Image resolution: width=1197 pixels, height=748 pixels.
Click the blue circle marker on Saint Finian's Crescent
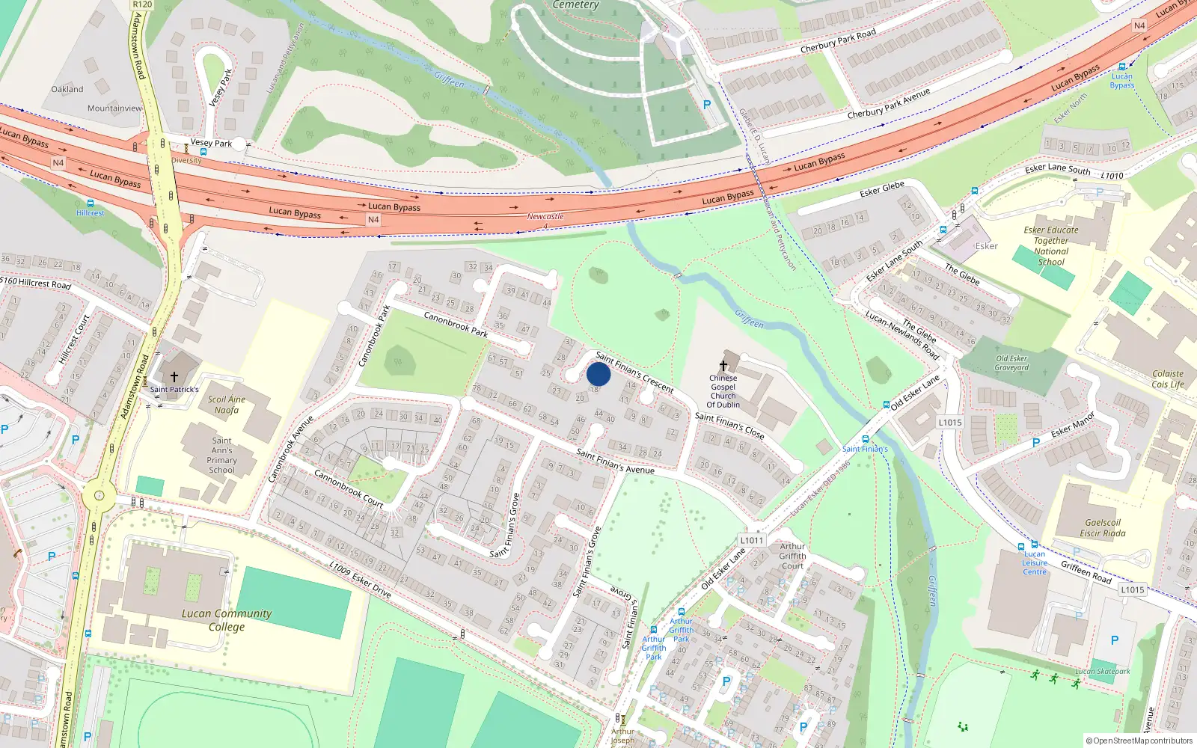pyautogui.click(x=598, y=374)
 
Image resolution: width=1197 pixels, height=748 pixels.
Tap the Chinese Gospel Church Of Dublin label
pyautogui.click(x=723, y=391)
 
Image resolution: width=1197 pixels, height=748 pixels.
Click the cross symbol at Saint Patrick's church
pyautogui.click(x=174, y=377)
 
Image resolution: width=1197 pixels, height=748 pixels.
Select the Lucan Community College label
pyautogui.click(x=227, y=619)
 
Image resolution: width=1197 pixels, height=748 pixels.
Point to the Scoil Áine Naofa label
pyautogui.click(x=227, y=405)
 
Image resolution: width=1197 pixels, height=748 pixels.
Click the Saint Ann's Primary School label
pyautogui.click(x=221, y=455)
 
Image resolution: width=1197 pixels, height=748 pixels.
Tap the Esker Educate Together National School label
pyautogui.click(x=1051, y=245)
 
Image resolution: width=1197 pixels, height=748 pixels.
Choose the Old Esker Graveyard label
pyautogui.click(x=1011, y=363)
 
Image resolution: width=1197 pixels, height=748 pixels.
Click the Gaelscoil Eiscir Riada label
pyautogui.click(x=1103, y=528)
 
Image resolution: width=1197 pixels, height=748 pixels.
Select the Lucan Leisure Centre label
pyautogui.click(x=1035, y=562)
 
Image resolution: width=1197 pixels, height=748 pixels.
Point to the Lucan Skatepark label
pyautogui.click(x=1103, y=671)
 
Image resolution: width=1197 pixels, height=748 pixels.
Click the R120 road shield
pyautogui.click(x=142, y=4)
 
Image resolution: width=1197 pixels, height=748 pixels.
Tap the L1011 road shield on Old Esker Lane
pyautogui.click(x=751, y=540)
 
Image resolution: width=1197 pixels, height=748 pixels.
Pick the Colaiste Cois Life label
pyautogui.click(x=1168, y=378)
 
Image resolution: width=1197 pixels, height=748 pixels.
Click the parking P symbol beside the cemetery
pyautogui.click(x=707, y=105)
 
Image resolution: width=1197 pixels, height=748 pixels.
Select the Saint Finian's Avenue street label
pyautogui.click(x=615, y=462)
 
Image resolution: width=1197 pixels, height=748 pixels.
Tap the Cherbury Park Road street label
pyautogui.click(x=838, y=41)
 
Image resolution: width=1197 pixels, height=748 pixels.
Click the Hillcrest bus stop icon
pyautogui.click(x=90, y=203)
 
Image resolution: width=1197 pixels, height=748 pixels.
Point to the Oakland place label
pyautogui.click(x=67, y=89)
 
